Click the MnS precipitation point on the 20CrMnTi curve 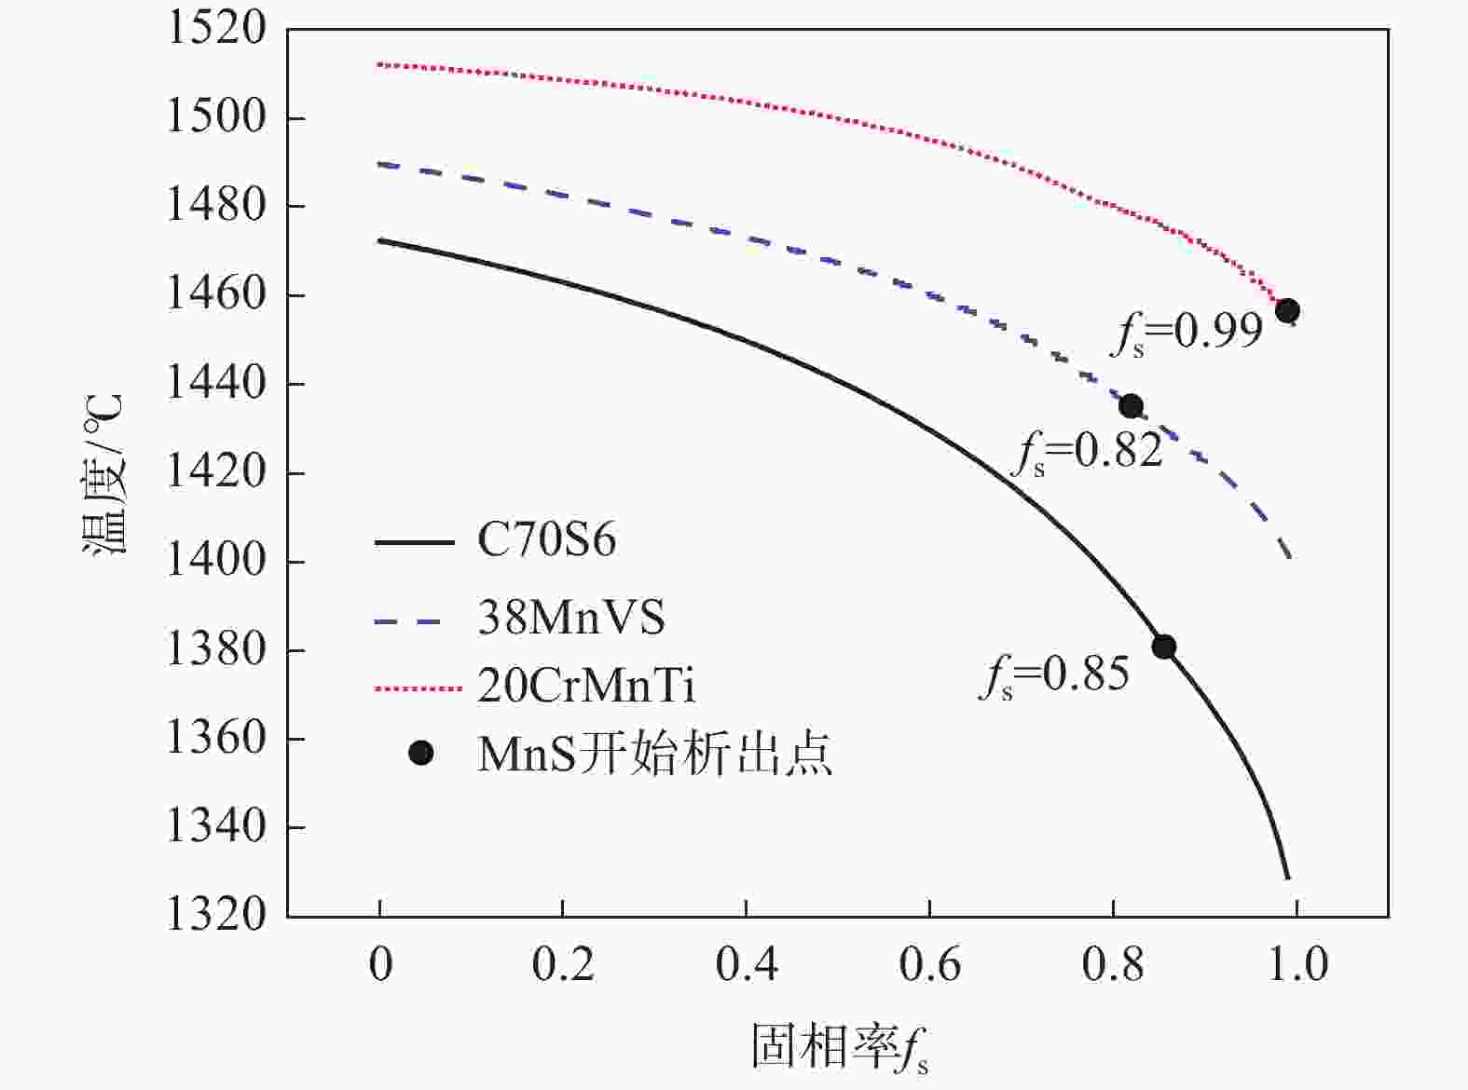[x=1287, y=311]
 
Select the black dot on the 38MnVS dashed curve [x=1131, y=406]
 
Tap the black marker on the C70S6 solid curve [x=1163, y=647]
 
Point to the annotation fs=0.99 [x=1187, y=332]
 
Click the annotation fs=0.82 [x=1088, y=453]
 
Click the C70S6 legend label [x=546, y=540]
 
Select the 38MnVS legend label [x=571, y=618]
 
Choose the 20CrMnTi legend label [x=586, y=688]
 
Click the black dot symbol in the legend [x=421, y=753]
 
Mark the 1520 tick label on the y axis [x=215, y=29]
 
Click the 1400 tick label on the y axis [x=215, y=561]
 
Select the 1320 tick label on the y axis [x=215, y=915]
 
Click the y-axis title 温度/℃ [x=103, y=475]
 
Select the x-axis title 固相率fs [x=840, y=1047]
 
